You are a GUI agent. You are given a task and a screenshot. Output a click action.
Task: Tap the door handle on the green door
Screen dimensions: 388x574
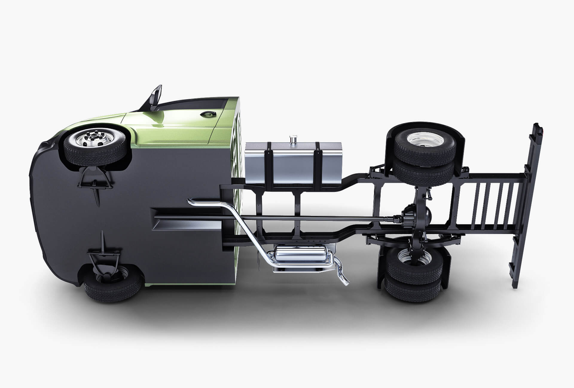pos(206,114)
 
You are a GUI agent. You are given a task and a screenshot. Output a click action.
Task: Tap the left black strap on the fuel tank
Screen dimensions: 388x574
pos(269,166)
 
